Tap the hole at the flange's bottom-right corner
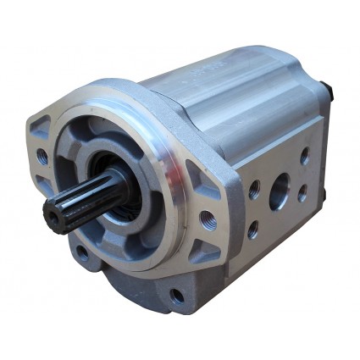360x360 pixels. pyautogui.click(x=177, y=296)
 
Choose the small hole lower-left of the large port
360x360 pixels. pyautogui.click(x=253, y=229)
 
